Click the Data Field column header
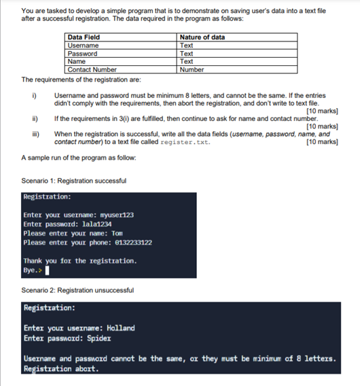coord(84,37)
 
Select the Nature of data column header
coord(202,37)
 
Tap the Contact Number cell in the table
coord(92,69)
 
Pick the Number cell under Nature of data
coord(192,69)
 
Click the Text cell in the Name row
coord(187,61)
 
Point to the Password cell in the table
coord(82,53)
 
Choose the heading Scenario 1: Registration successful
coord(74,181)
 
